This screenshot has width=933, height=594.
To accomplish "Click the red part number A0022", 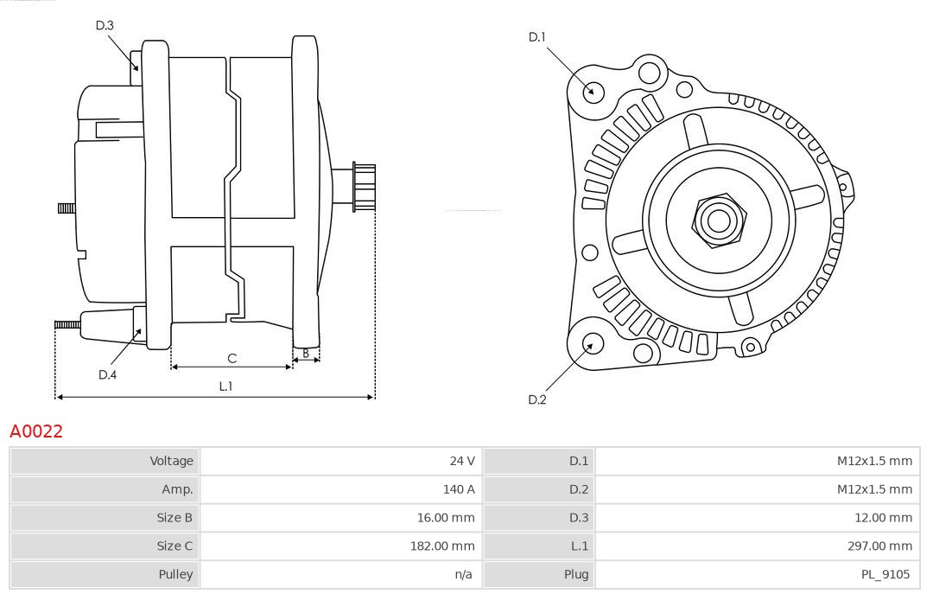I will tap(36, 431).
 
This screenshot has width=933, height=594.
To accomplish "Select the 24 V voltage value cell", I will tap(462, 461).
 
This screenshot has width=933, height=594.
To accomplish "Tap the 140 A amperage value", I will tap(459, 489).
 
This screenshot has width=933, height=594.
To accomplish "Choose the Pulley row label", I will tap(175, 574).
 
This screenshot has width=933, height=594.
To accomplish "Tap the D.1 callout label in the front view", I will tap(537, 37).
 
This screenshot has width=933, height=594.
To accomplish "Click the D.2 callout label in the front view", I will tap(537, 399).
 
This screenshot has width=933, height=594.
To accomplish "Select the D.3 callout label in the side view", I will tap(105, 26).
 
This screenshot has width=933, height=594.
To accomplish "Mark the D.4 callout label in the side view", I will tap(107, 374).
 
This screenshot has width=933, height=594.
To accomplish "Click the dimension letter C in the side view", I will tap(232, 358).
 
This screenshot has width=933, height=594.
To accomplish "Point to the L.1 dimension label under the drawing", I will tap(225, 386).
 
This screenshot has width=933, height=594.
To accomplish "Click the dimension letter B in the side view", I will tap(306, 353).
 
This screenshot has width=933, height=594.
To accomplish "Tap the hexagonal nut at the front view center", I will tap(718, 220).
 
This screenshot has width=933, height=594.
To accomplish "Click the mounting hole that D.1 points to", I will tap(593, 91).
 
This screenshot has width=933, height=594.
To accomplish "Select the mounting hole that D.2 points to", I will tap(591, 344).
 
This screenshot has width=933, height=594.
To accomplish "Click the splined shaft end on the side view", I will tap(363, 187).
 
